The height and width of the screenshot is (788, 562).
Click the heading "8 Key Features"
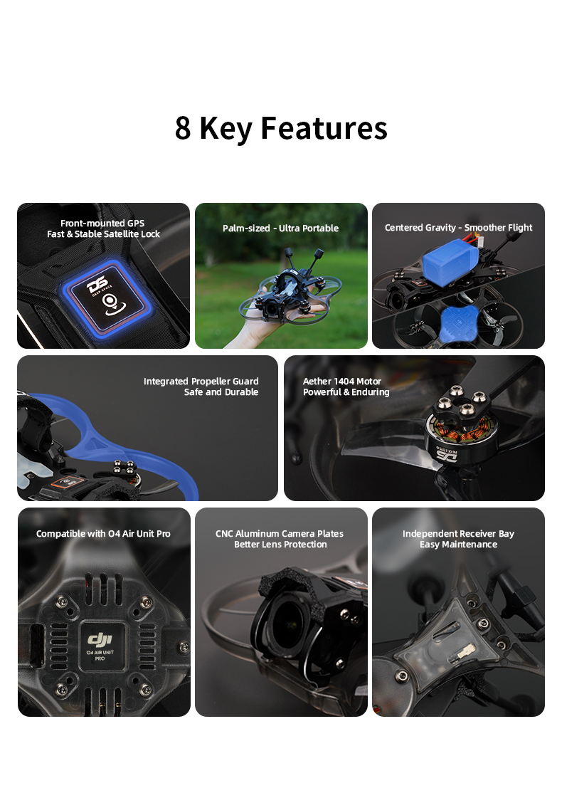281,128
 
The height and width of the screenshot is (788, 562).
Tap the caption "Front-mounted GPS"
102,224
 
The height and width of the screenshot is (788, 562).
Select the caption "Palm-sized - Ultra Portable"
280,228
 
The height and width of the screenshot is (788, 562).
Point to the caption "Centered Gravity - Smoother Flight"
458,228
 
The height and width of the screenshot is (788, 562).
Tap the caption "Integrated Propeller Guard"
201,382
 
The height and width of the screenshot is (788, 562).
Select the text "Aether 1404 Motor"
342,382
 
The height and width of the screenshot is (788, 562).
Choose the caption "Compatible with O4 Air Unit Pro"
103,534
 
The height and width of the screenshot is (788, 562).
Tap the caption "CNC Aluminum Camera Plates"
280,534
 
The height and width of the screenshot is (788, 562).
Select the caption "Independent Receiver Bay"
458,534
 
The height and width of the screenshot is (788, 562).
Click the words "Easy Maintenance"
458,545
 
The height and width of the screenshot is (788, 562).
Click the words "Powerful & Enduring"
346,392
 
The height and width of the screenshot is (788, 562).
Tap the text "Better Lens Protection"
280,545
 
